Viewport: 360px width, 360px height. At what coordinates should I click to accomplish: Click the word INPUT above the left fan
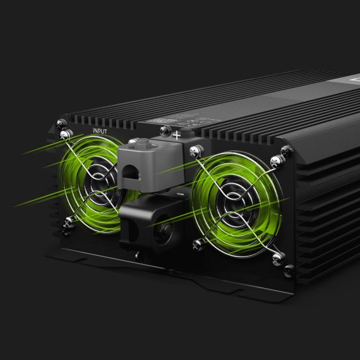[x=100, y=131]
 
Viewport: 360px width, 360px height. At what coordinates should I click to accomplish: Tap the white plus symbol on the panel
[x=177, y=134]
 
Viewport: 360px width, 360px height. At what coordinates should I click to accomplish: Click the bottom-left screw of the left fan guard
[x=69, y=222]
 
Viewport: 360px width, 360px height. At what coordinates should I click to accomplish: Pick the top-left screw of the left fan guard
[x=63, y=135]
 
